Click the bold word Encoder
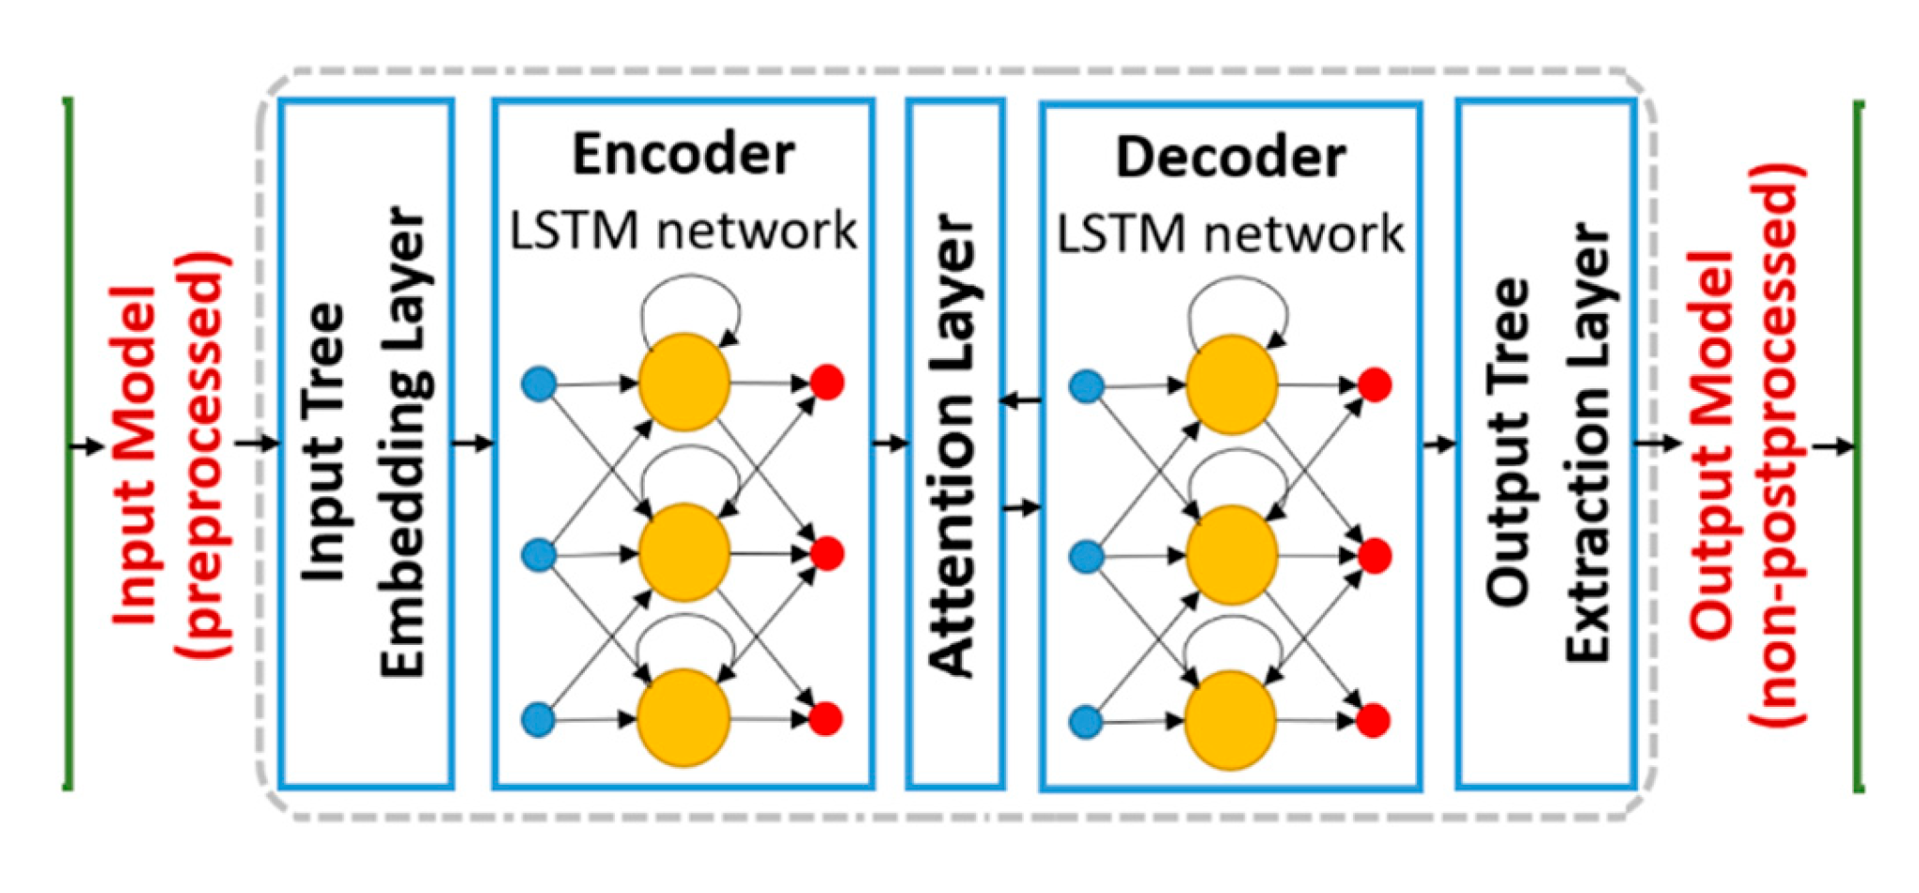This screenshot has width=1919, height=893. tap(684, 155)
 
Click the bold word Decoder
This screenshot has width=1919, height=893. tap(1230, 158)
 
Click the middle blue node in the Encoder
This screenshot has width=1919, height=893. tap(539, 555)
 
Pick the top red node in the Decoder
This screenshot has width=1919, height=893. tap(1375, 384)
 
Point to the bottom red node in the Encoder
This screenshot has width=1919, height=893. tap(826, 719)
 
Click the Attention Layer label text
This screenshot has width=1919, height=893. tap(954, 446)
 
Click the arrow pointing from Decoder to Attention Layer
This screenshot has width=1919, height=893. tap(1021, 401)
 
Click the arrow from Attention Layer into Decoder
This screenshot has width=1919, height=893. tap(1023, 508)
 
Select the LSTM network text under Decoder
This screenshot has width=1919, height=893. tap(1230, 234)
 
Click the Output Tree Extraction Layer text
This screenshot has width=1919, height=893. tap(1547, 442)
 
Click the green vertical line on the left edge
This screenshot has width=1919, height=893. tap(68, 442)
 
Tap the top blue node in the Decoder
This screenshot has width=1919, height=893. tap(1087, 386)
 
